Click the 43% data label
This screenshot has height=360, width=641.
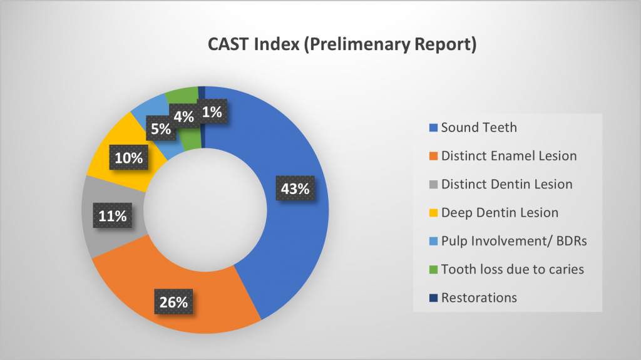pos(294,188)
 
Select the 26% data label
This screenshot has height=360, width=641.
pos(173,302)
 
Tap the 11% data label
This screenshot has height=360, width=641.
pos(113,217)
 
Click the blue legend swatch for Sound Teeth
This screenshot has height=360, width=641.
pos(433,128)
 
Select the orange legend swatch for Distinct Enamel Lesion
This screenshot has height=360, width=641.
pos(433,157)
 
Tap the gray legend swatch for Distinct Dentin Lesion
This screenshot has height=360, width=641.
pos(433,185)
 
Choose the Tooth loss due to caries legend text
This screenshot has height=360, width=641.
pos(512,269)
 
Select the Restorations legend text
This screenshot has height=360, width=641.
pos(479,298)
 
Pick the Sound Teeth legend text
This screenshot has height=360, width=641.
pos(479,128)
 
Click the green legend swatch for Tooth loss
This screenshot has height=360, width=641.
pos(433,270)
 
